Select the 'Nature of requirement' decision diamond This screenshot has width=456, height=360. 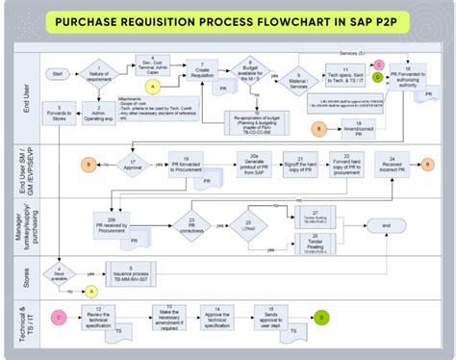pyautogui.click(x=100, y=73)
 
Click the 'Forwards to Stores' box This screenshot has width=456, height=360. pyautogui.click(x=61, y=116)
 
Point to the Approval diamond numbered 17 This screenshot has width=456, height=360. pyautogui.click(x=132, y=166)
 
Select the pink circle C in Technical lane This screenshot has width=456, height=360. pyautogui.click(x=57, y=315)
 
